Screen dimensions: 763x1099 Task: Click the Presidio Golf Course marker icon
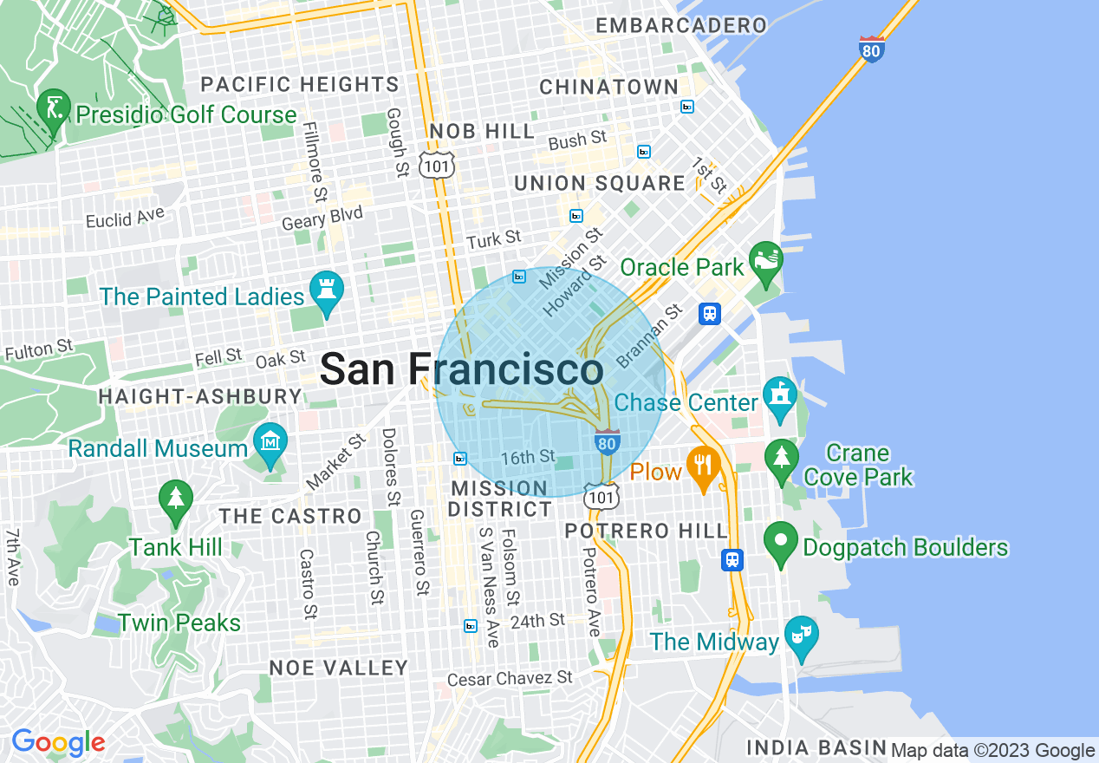(54, 110)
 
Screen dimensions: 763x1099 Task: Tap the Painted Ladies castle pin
(328, 291)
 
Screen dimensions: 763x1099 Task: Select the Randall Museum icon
(271, 443)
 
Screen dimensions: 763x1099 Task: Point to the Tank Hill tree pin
(177, 501)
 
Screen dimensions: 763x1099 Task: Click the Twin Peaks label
(179, 623)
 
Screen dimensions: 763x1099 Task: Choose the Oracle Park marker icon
(766, 263)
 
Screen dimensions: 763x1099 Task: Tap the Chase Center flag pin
(780, 397)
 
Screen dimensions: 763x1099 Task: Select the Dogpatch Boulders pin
(781, 543)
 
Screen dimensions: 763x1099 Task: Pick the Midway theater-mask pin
(802, 637)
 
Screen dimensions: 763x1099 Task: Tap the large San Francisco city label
(461, 370)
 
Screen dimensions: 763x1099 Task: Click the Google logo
(58, 743)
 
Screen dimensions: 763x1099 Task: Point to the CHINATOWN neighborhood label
(608, 87)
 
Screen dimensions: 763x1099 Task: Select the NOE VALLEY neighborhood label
(338, 668)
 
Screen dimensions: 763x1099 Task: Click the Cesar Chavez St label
(510, 677)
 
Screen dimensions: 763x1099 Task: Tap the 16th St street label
(528, 456)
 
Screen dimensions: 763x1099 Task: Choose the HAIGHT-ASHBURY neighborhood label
(199, 397)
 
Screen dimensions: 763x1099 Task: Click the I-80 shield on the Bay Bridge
(872, 49)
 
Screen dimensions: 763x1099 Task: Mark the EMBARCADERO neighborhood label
(681, 25)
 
